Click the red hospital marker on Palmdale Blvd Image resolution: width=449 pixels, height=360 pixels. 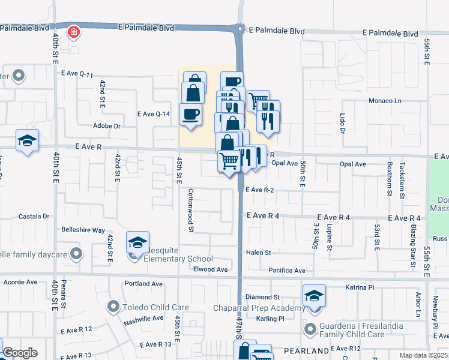click(x=73, y=31)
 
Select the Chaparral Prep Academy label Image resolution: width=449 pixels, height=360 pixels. click(x=259, y=308)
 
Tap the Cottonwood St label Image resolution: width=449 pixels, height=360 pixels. click(x=191, y=211)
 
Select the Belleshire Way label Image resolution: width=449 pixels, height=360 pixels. click(x=83, y=230)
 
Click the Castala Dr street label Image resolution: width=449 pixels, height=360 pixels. click(x=34, y=216)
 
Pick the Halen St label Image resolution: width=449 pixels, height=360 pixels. click(x=259, y=253)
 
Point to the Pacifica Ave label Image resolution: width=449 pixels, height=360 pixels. click(x=287, y=271)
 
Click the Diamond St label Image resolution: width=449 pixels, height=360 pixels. click(x=263, y=297)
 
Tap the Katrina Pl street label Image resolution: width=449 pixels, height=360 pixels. click(x=360, y=288)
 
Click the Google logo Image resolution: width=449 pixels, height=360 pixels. click(x=20, y=353)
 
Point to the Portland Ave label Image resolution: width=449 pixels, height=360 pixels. click(x=143, y=284)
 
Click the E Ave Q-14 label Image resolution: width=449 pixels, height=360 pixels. click(x=154, y=113)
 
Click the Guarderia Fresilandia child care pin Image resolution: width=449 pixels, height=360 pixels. click(x=310, y=329)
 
